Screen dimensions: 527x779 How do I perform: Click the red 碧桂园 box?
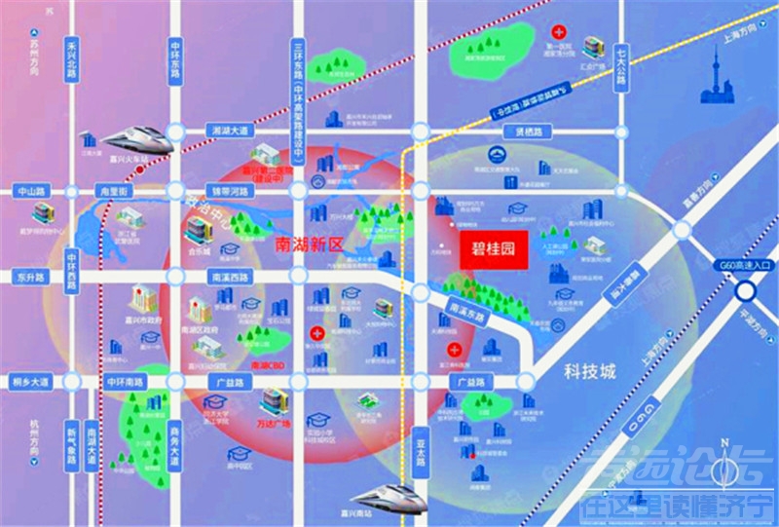click(x=492, y=247)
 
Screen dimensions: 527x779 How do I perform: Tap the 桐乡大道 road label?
click(x=31, y=381)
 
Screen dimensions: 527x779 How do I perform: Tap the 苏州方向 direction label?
click(x=36, y=58)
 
